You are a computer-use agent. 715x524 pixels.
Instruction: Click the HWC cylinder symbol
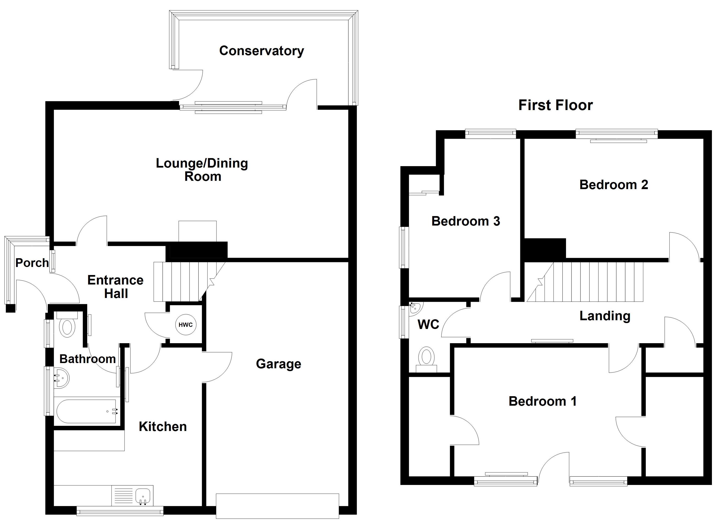[x=186, y=324]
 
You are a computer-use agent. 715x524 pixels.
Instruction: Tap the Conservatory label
[x=261, y=51]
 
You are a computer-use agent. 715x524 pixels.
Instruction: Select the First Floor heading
[x=555, y=105]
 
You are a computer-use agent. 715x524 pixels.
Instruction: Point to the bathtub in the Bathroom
[x=87, y=411]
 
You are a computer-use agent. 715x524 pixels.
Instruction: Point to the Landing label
[x=605, y=316]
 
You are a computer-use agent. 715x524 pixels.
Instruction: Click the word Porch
[x=32, y=263]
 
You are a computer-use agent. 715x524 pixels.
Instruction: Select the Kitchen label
[x=162, y=427]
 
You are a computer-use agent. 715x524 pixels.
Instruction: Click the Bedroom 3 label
[x=466, y=221]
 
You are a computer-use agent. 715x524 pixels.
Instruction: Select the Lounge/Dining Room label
[x=202, y=170]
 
